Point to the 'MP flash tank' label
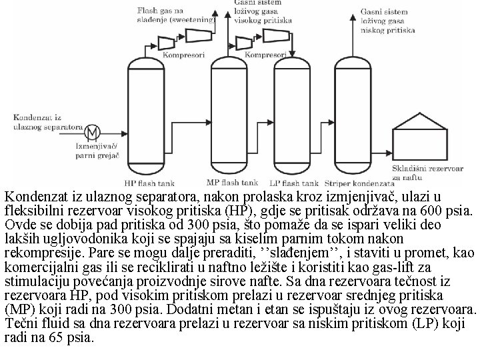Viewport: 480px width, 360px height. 232,182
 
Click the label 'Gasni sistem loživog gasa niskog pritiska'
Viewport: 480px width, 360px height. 388,21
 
